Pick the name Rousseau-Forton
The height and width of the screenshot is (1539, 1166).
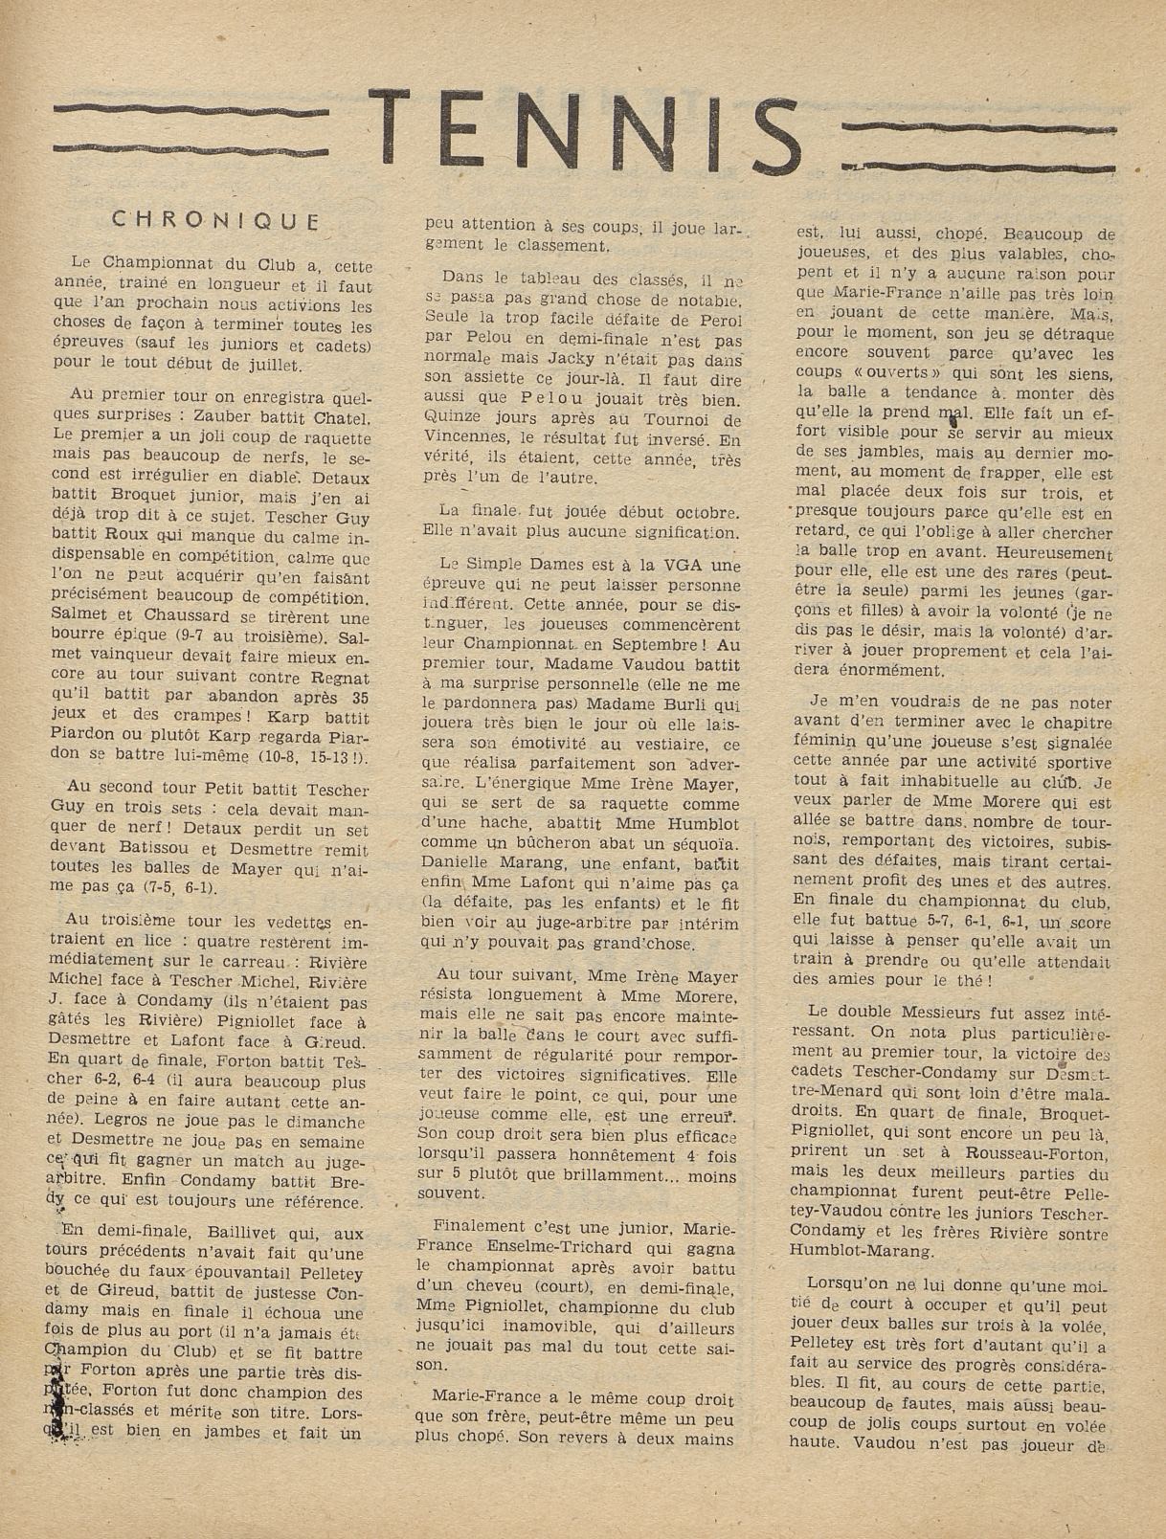tap(978, 1152)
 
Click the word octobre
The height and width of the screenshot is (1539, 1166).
tap(700, 512)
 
